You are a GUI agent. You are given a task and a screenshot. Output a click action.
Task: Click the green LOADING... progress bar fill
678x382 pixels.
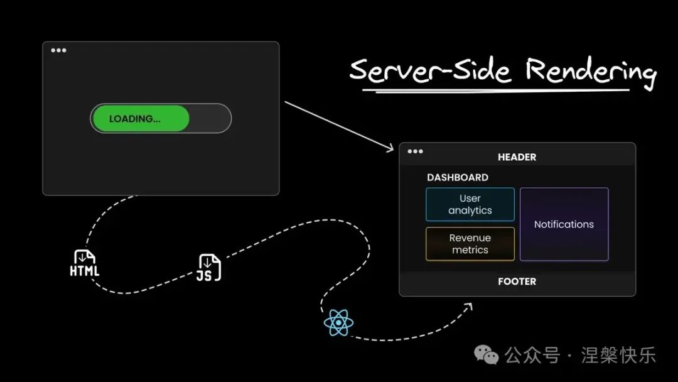(x=140, y=119)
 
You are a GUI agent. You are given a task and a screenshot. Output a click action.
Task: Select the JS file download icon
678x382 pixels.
(x=210, y=268)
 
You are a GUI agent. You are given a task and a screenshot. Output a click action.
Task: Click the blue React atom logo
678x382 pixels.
(x=338, y=323)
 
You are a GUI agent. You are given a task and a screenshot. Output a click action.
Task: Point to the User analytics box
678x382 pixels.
(x=470, y=204)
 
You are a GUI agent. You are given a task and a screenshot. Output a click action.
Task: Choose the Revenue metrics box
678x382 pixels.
(x=470, y=244)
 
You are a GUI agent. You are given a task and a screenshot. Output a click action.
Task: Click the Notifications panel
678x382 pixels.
(x=564, y=224)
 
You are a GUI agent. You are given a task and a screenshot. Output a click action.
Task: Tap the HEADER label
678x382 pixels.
(x=517, y=157)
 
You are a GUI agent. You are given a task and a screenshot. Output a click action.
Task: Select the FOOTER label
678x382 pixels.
(x=517, y=281)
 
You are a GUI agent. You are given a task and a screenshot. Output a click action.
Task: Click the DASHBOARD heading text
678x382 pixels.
(x=458, y=177)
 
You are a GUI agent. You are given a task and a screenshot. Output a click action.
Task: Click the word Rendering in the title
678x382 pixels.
(x=590, y=71)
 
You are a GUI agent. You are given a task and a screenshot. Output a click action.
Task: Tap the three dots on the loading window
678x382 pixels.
(x=58, y=50)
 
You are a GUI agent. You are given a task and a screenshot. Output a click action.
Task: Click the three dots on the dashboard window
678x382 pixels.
(x=415, y=151)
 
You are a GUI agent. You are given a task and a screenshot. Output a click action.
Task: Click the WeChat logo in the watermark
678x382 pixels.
(x=487, y=355)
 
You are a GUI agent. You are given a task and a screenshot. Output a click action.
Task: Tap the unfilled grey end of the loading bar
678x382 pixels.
(x=210, y=119)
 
